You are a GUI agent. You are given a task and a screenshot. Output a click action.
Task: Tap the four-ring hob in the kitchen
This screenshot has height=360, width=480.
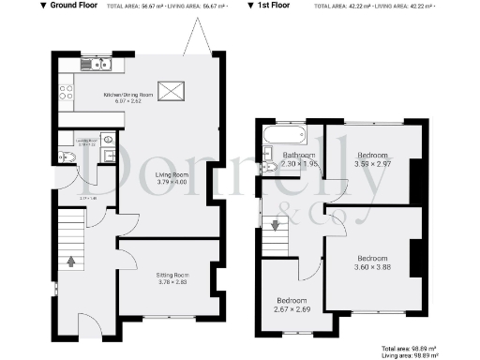[67, 92]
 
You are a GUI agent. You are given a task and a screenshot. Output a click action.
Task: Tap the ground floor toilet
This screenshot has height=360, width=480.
[62, 157]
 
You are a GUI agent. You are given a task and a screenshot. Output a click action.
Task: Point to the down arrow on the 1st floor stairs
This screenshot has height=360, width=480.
[275, 225]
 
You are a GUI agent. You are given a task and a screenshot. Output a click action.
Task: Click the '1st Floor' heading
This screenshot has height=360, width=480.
[270, 6]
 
